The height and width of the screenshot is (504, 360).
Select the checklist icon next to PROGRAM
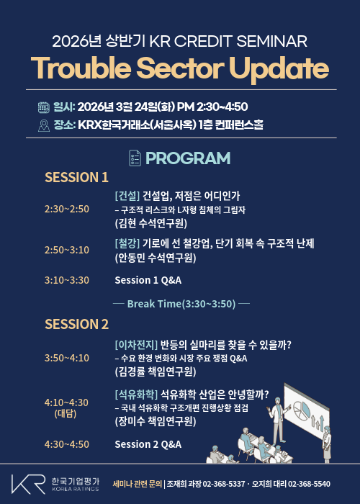135,158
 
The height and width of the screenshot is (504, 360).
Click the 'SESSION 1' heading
76,177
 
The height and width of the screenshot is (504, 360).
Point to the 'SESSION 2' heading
76,324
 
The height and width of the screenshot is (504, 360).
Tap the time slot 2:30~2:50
67,209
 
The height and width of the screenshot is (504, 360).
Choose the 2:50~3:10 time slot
67,250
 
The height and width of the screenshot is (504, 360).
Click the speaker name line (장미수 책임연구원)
154,422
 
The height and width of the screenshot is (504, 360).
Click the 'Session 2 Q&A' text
148,444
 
